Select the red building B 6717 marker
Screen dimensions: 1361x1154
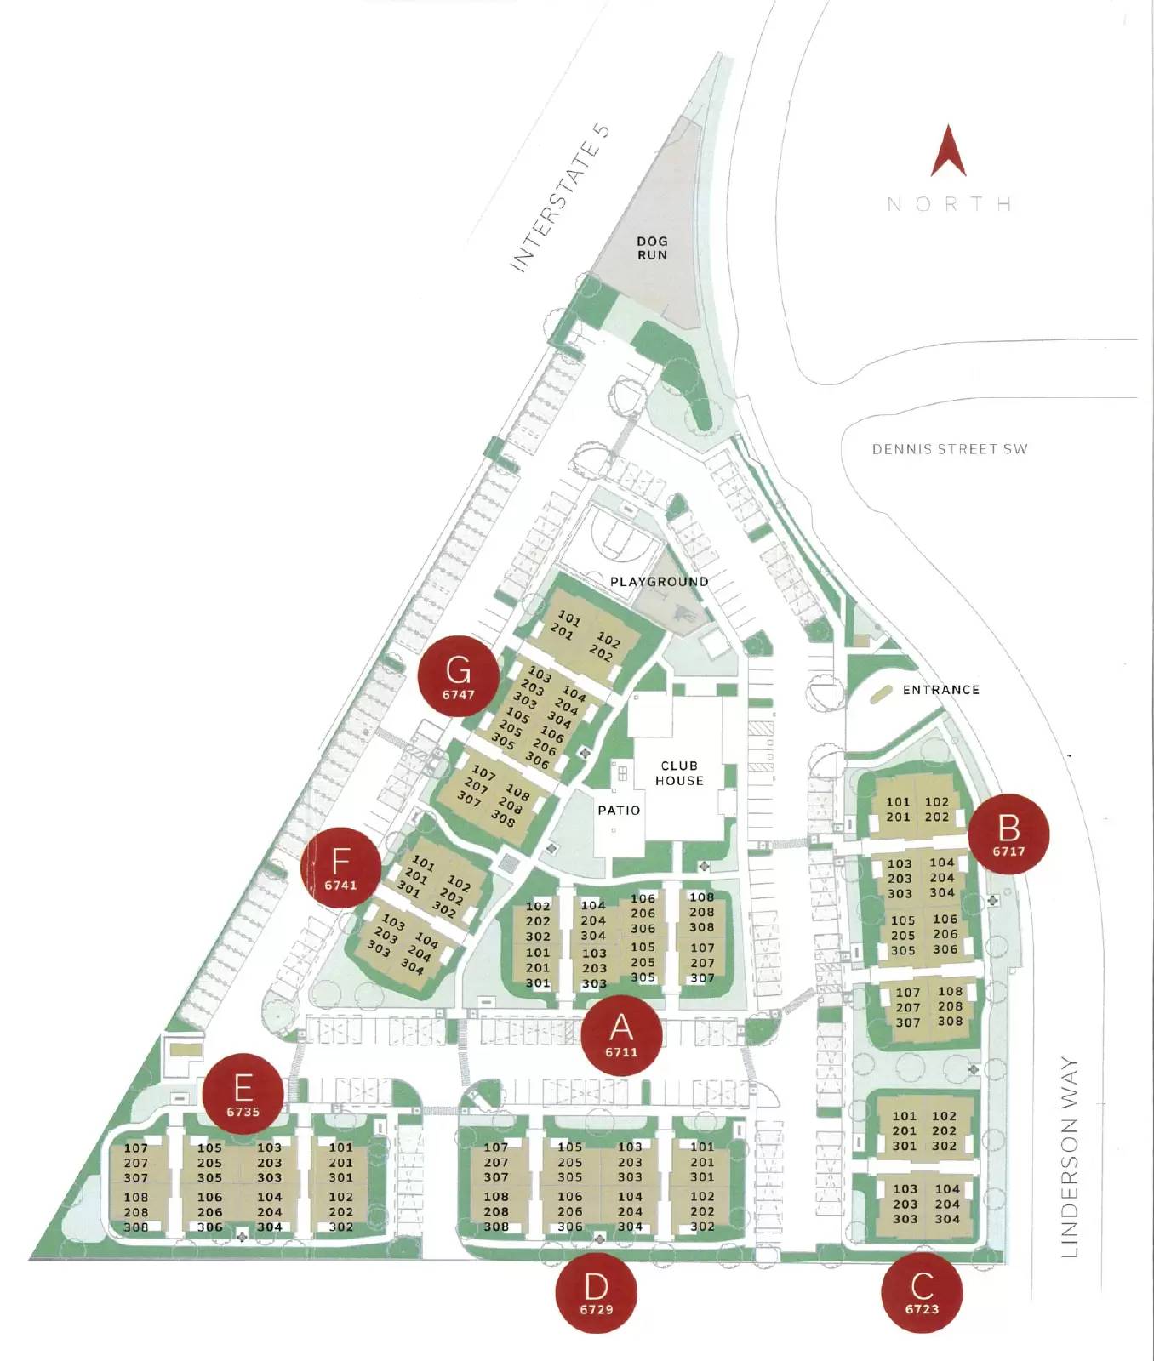coord(1008,834)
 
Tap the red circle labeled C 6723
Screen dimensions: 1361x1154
coord(922,1292)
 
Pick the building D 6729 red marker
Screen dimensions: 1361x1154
coord(596,1292)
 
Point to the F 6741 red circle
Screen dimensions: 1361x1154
coord(340,868)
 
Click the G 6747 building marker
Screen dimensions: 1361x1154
coord(458,676)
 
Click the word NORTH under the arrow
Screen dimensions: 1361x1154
coord(949,204)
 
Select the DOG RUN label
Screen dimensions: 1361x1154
coord(652,248)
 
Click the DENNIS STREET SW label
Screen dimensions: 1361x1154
coord(949,449)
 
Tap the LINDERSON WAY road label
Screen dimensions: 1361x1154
coord(1070,1157)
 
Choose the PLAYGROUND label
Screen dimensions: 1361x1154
coord(659,582)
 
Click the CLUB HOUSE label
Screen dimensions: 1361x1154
coord(679,773)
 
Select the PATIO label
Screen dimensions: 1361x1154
coord(619,811)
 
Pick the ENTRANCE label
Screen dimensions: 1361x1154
coord(940,690)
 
